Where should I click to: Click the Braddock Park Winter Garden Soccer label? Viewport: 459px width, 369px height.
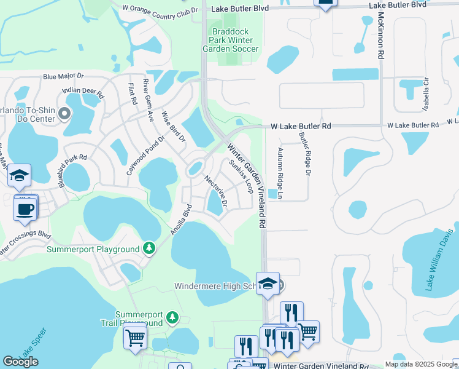click(235, 40)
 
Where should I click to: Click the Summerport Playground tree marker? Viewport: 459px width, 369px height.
click(148, 248)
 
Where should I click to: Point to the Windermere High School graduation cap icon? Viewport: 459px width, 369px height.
click(268, 284)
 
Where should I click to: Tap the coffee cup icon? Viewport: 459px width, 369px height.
click(25, 208)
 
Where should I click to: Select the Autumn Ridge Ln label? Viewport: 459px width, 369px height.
click(280, 173)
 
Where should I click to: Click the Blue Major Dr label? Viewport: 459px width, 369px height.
click(63, 77)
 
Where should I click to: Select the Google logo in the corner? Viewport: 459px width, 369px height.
click(20, 362)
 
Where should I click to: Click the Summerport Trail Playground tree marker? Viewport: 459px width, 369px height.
click(173, 318)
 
